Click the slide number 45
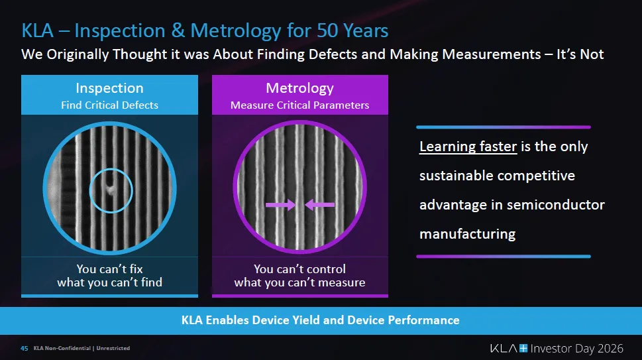[x=24, y=348]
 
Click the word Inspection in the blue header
[x=110, y=88]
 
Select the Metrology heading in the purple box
[x=299, y=88]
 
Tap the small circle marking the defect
[x=111, y=190]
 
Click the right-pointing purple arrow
[x=280, y=204]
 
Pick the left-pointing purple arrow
[x=320, y=204]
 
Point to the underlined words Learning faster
[x=468, y=147]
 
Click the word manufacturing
[x=468, y=234]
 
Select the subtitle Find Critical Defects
[x=110, y=105]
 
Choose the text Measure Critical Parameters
[x=299, y=105]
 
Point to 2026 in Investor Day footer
[x=610, y=349]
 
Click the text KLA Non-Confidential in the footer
[x=62, y=348]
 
